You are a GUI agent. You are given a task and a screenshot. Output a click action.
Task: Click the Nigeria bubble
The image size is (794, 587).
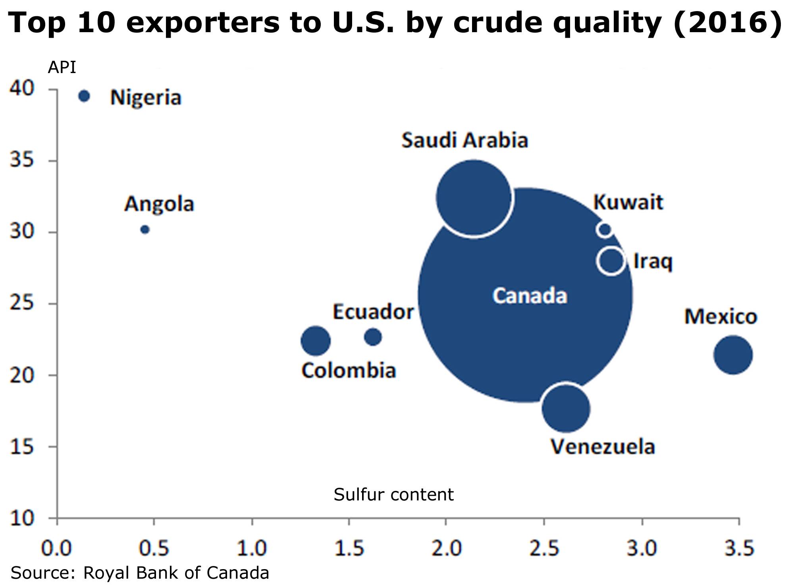coord(84,96)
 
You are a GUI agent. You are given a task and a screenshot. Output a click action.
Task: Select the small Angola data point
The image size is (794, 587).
coord(145,230)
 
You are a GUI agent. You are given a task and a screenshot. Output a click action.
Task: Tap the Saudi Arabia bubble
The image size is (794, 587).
coord(473,197)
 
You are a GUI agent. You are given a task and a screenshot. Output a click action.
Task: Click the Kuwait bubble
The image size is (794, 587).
coord(604,229)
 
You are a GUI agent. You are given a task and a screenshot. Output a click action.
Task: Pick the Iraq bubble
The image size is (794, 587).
coord(611,261)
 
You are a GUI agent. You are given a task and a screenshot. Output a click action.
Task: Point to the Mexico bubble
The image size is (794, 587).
coord(733,355)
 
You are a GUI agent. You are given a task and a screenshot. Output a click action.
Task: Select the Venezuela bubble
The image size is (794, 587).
coord(566,408)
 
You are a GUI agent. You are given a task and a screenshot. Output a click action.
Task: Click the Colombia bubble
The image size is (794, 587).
coord(316,341)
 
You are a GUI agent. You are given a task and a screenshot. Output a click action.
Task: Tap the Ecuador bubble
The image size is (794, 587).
coord(373,337)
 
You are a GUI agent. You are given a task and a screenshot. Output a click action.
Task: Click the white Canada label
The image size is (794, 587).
coord(530,296)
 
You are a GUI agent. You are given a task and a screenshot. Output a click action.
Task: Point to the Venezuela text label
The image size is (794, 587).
coord(603,447)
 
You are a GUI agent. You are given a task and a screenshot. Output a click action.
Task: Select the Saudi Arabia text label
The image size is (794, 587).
coord(464,141)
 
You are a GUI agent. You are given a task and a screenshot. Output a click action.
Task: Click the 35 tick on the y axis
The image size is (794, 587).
coord(22,160)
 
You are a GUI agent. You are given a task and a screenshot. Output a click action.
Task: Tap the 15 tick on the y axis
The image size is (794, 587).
coord(22,447)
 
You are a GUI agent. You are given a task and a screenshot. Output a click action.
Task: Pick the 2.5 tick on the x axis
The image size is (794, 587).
coord(544,548)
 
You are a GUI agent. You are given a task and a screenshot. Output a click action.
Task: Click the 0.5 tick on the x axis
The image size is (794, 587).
coord(154,548)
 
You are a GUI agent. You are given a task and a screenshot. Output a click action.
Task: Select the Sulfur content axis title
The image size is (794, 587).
coord(393,495)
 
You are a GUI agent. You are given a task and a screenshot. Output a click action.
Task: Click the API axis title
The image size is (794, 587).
coord(62,68)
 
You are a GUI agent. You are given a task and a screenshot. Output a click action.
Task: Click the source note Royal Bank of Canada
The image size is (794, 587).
coord(140,573)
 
